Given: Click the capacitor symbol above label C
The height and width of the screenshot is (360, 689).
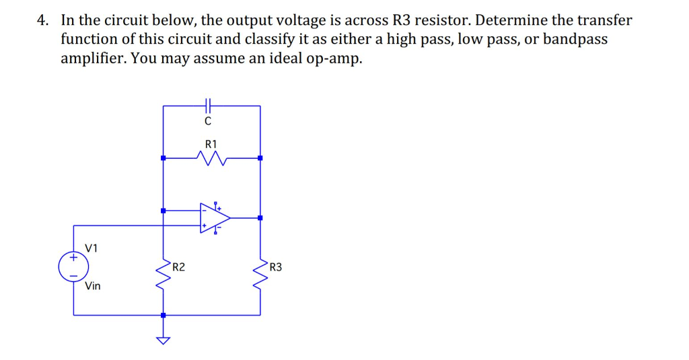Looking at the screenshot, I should click(209, 105).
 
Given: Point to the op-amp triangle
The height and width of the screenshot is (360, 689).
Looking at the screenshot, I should click(213, 217).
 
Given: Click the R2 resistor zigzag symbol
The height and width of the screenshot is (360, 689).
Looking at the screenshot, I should click(163, 274).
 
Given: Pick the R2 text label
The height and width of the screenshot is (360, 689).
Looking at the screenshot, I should click(178, 267).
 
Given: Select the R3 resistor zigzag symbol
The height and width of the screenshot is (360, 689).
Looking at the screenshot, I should click(260, 274).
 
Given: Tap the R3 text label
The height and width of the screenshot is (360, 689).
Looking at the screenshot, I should click(275, 267).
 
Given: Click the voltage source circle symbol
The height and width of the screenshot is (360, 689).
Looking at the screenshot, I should click(73, 266).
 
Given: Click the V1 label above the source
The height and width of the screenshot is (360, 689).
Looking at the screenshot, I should click(92, 248).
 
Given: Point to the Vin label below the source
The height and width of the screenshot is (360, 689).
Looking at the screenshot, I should click(93, 286).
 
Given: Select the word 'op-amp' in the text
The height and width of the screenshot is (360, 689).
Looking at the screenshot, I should click(334, 58).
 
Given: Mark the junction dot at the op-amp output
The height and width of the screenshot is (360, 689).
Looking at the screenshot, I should click(260, 217).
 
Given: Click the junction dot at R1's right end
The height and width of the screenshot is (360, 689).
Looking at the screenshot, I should click(260, 158).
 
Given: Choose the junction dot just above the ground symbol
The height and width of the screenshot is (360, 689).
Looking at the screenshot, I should click(163, 315).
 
